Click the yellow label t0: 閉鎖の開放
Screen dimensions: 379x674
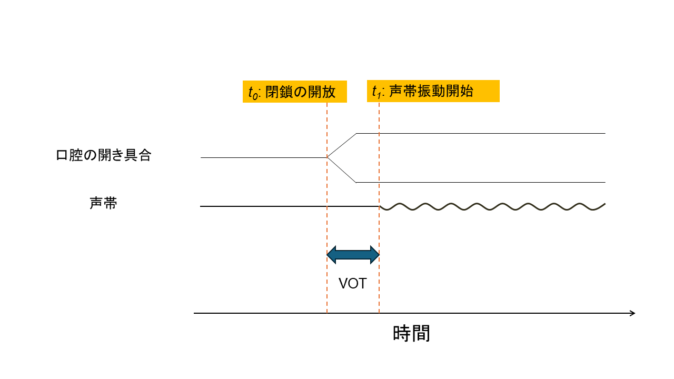(294, 92)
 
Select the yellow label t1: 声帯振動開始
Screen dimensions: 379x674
(433, 91)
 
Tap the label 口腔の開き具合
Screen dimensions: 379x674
(104, 156)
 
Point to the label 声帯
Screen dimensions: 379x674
(103, 204)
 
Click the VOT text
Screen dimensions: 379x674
(352, 284)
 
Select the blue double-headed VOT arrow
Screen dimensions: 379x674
(353, 255)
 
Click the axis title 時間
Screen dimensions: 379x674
(411, 333)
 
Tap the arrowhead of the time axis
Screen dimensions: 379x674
(632, 313)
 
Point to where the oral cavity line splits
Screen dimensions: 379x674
(328, 157)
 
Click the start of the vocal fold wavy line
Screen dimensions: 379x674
(380, 206)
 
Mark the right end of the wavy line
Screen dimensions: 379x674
(605, 204)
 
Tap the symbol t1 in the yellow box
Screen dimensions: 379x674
(376, 92)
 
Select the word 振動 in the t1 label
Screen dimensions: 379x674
(431, 91)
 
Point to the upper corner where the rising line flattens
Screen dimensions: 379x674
(357, 134)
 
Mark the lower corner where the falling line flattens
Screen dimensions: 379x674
(356, 182)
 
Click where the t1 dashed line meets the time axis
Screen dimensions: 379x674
(379, 313)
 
